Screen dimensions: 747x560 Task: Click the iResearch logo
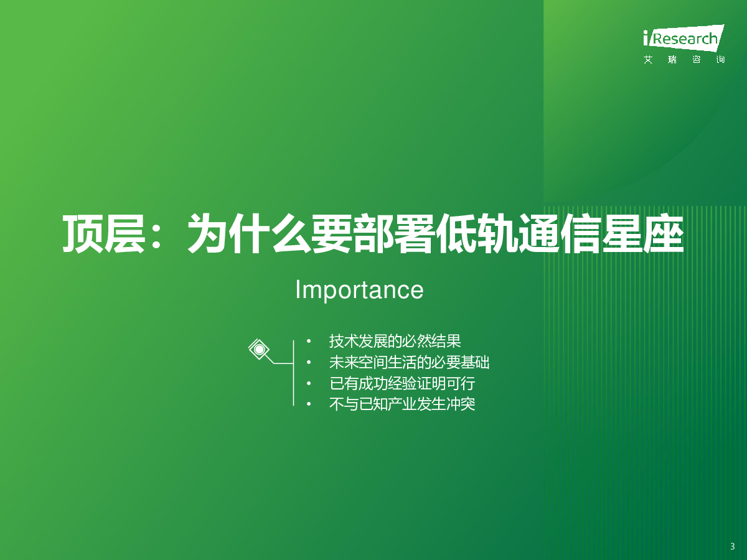(684, 39)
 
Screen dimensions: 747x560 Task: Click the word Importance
(359, 290)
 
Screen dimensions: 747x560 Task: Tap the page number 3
(732, 546)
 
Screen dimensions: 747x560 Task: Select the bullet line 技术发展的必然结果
(395, 341)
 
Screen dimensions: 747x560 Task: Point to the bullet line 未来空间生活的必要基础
(409, 363)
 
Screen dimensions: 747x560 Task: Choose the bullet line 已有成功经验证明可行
(402, 383)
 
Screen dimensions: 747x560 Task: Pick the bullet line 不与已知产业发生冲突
(402, 404)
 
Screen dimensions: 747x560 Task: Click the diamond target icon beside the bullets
(259, 349)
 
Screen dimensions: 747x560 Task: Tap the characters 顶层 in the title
(104, 234)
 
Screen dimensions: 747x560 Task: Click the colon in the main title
(157, 235)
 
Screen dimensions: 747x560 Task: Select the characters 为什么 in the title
(249, 234)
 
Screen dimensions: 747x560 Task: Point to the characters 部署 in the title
(394, 234)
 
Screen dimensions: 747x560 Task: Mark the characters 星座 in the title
(642, 234)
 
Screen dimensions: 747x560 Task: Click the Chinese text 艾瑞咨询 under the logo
(684, 60)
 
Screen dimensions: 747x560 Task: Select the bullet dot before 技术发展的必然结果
(309, 342)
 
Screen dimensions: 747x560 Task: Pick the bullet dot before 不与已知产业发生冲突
(309, 404)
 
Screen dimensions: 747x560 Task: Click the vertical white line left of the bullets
(293, 373)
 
